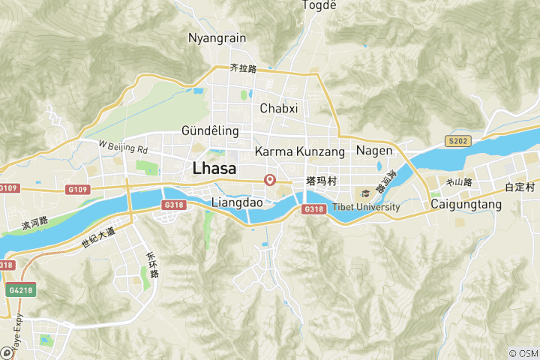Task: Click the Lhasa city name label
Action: [x=214, y=169]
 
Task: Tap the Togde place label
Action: [x=319, y=5]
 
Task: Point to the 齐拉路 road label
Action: [x=244, y=68]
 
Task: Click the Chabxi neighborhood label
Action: [x=279, y=109]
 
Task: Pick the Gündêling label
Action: [x=210, y=131]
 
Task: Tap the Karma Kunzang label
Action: [x=300, y=152]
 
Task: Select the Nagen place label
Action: [x=374, y=151]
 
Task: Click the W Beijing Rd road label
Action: [x=124, y=148]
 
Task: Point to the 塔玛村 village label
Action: [x=321, y=181]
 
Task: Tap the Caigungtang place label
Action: [x=466, y=203]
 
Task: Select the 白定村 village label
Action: [x=519, y=187]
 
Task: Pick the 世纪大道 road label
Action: [x=98, y=237]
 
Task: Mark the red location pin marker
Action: [x=270, y=180]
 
